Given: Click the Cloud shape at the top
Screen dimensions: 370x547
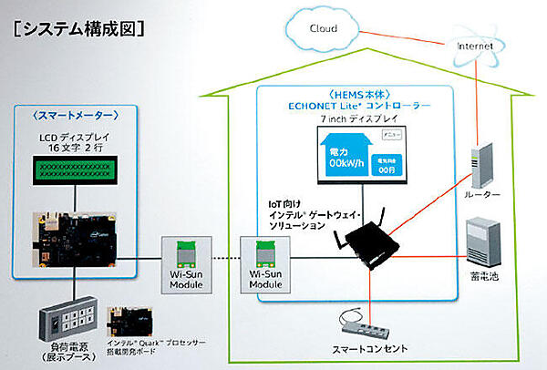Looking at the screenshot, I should pyautogui.click(x=324, y=28).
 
